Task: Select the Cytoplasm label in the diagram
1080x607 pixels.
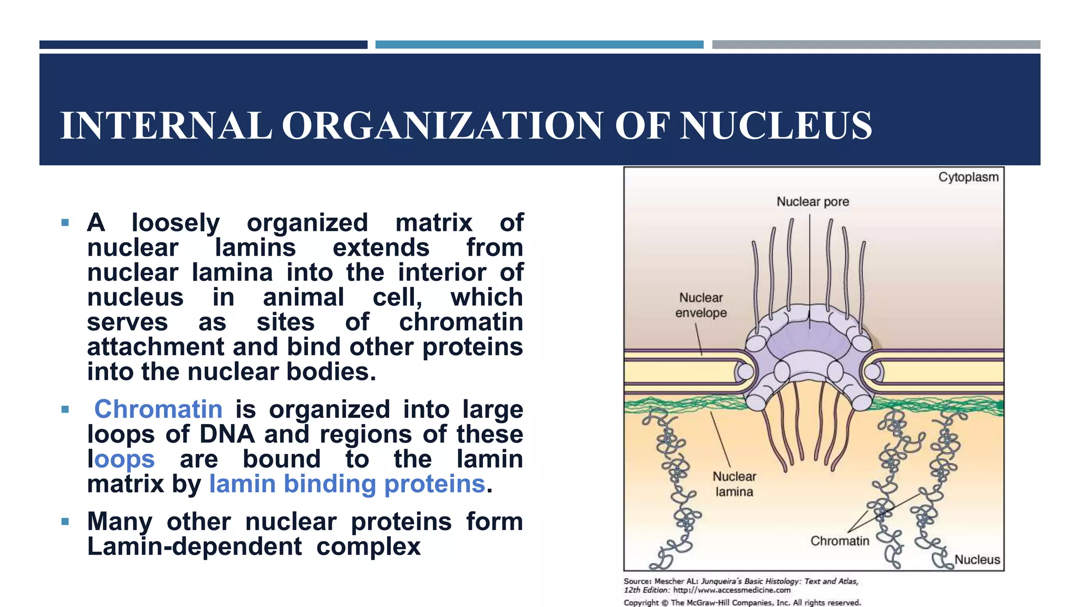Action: point(968,177)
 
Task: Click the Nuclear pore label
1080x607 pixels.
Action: point(813,202)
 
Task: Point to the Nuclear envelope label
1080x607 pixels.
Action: point(701,305)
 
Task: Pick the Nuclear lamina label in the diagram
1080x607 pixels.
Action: point(734,484)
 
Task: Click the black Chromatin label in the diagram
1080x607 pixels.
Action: point(840,541)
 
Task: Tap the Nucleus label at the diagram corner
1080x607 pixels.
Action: point(977,560)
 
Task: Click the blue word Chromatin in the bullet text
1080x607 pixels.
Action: point(158,409)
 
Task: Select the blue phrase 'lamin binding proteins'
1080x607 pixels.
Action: point(347,484)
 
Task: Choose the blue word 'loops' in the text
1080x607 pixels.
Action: point(121,459)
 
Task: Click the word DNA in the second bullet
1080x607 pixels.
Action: point(227,434)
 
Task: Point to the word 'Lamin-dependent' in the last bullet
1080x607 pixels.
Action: point(195,546)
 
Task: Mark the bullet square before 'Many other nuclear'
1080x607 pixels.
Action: point(65,522)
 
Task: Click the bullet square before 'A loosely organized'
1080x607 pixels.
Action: point(65,223)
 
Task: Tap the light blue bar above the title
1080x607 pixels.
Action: point(539,45)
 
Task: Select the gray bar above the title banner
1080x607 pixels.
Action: point(876,45)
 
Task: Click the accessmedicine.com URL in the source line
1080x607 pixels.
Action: point(732,590)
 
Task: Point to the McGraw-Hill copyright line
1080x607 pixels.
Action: point(742,602)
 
